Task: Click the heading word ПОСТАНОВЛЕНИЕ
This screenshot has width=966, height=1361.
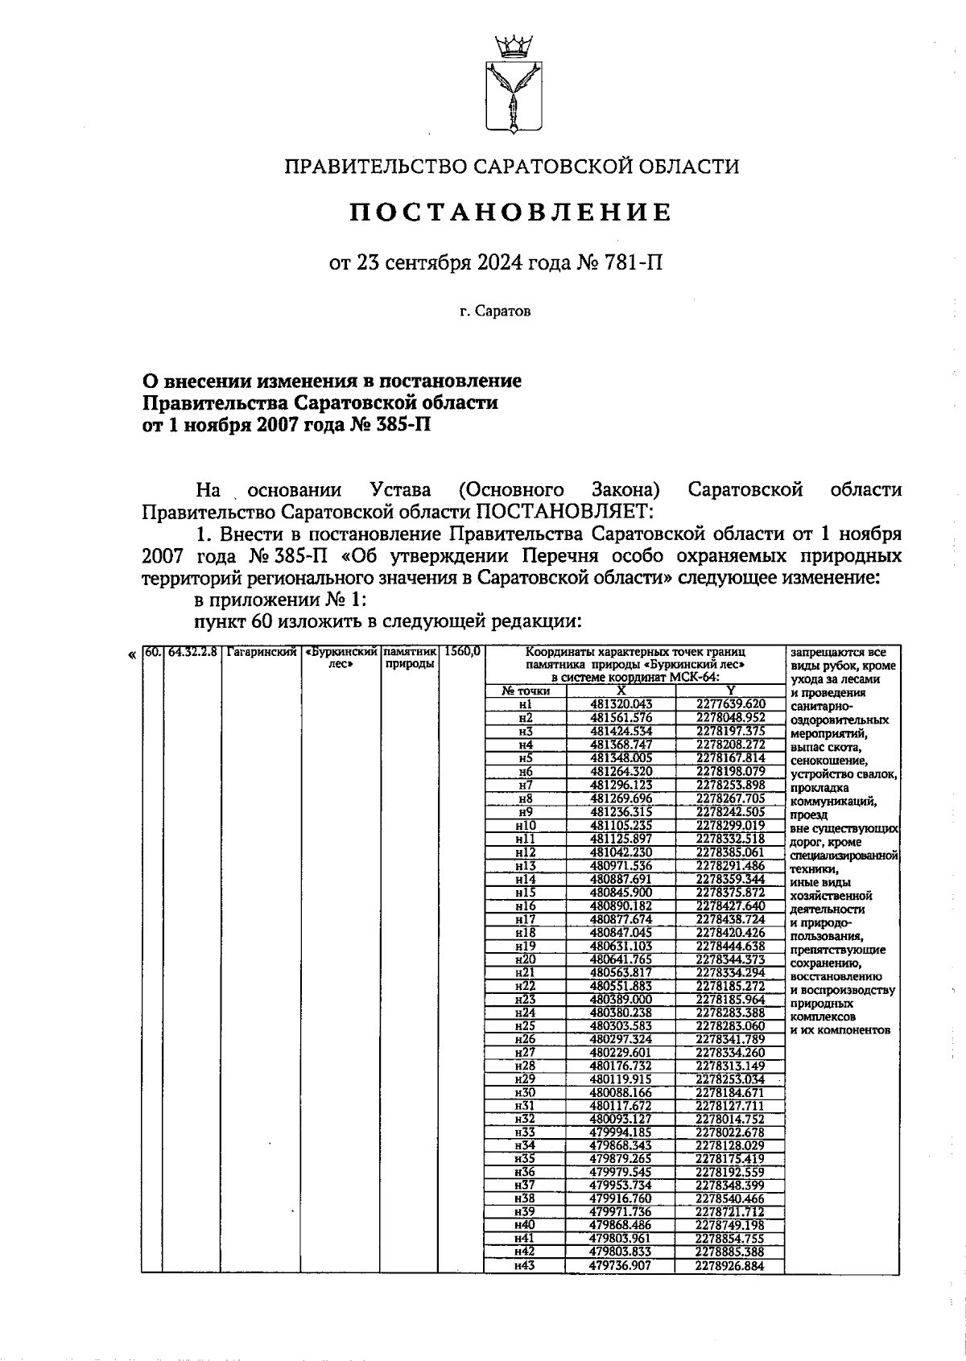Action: pyautogui.click(x=511, y=212)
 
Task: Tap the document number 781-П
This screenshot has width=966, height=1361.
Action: pyautogui.click(x=636, y=263)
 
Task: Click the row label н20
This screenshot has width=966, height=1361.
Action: pyautogui.click(x=525, y=959)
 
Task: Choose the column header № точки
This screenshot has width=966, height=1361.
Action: pyautogui.click(x=525, y=691)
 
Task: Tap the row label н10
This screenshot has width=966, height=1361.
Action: pyautogui.click(x=525, y=825)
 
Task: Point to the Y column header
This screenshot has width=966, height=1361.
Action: pyautogui.click(x=730, y=691)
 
